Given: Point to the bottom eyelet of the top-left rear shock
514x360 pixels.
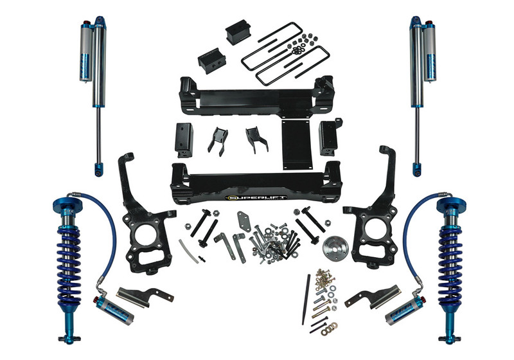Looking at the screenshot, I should [98, 170].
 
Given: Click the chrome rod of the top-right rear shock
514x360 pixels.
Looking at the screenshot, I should [418, 129].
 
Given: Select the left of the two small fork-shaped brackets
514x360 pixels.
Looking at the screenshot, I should [218, 138].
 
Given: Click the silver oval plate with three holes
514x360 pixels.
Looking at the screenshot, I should [240, 228].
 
